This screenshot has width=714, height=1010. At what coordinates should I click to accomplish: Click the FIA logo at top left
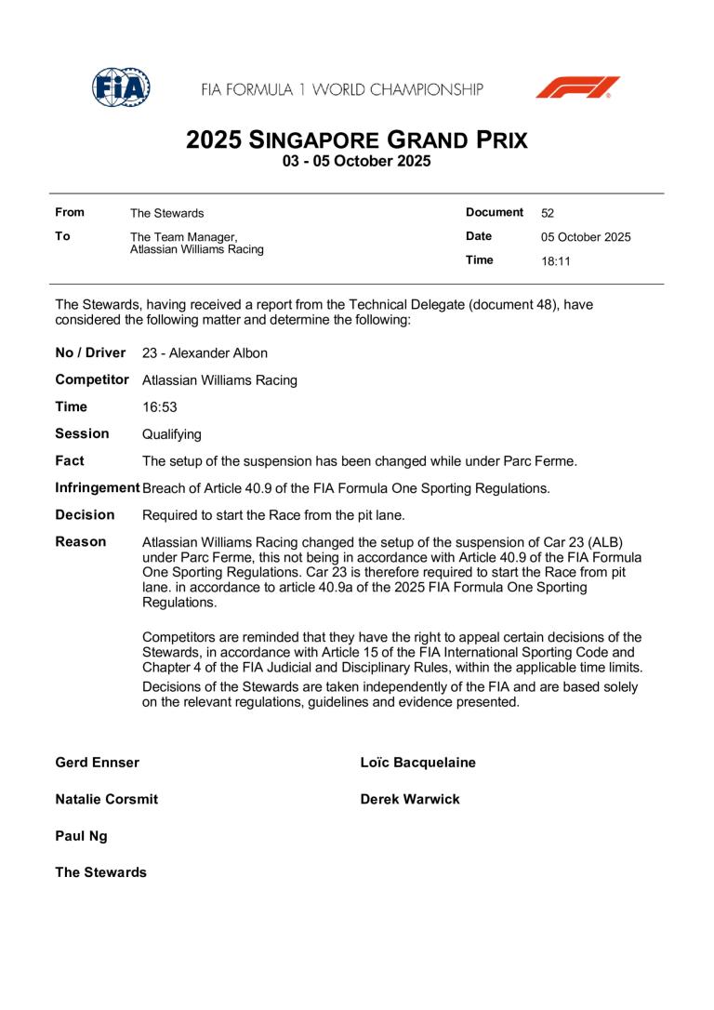[x=121, y=88]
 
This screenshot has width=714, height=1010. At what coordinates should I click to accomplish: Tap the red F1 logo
[x=576, y=88]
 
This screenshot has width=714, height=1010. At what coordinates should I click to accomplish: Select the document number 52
[x=548, y=213]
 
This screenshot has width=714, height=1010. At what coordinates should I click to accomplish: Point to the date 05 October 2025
[x=586, y=237]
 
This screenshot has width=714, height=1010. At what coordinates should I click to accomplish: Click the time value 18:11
[x=556, y=261]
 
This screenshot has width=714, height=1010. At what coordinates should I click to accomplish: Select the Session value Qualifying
[x=172, y=434]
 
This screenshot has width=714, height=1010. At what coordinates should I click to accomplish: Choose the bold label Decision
[x=85, y=514]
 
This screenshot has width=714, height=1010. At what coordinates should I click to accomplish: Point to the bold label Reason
[x=81, y=541]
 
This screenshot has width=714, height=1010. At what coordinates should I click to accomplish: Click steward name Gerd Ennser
[x=98, y=763]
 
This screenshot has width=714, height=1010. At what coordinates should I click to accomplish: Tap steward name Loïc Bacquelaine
[x=417, y=763]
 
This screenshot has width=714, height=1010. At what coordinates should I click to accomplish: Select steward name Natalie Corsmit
[x=107, y=799]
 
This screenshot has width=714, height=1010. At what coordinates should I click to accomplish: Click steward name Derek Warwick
[x=410, y=799]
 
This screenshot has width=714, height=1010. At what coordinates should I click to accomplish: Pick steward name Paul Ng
[x=81, y=836]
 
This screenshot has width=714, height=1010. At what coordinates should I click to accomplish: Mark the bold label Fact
[x=70, y=460]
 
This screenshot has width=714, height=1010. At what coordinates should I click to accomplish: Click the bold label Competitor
[x=92, y=379]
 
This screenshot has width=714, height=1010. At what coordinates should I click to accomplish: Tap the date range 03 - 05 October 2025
[x=357, y=161]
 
